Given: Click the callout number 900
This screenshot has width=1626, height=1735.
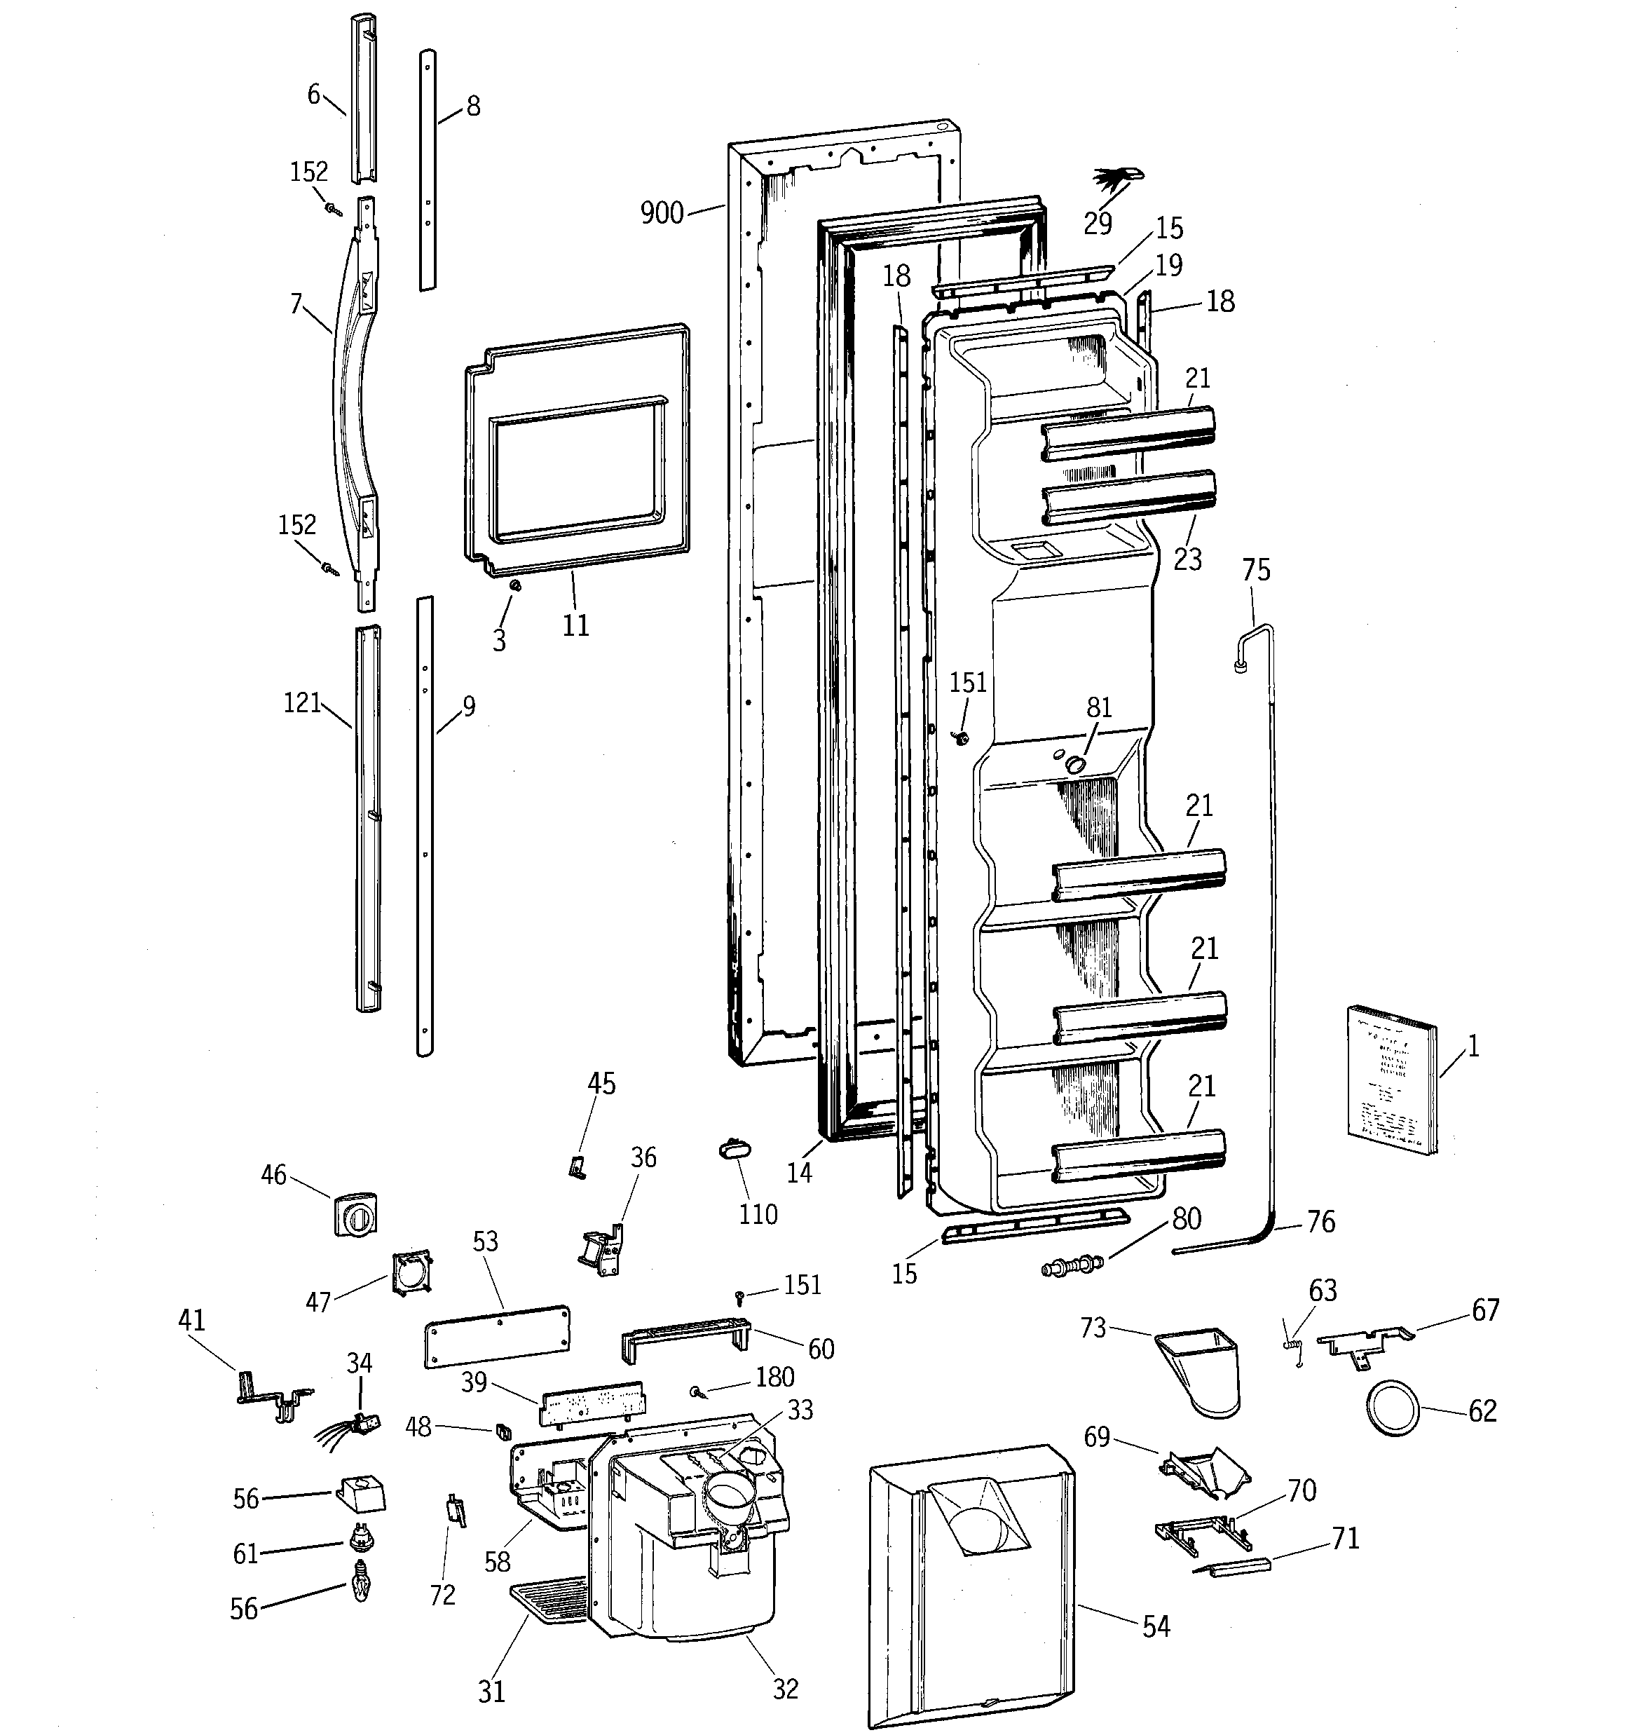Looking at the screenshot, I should [x=662, y=212].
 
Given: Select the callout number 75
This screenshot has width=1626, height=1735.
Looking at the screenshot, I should [x=1256, y=570].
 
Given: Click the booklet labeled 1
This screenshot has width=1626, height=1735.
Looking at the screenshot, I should [x=1391, y=1082].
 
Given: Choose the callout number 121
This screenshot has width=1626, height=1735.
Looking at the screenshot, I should [x=302, y=702].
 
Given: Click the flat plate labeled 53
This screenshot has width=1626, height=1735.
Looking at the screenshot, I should [x=498, y=1335].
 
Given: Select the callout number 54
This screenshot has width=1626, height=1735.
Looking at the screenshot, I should [x=1156, y=1625].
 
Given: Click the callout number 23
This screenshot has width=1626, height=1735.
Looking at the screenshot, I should [x=1187, y=559].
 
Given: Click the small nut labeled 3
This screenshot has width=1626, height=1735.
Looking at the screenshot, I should [x=515, y=585].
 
